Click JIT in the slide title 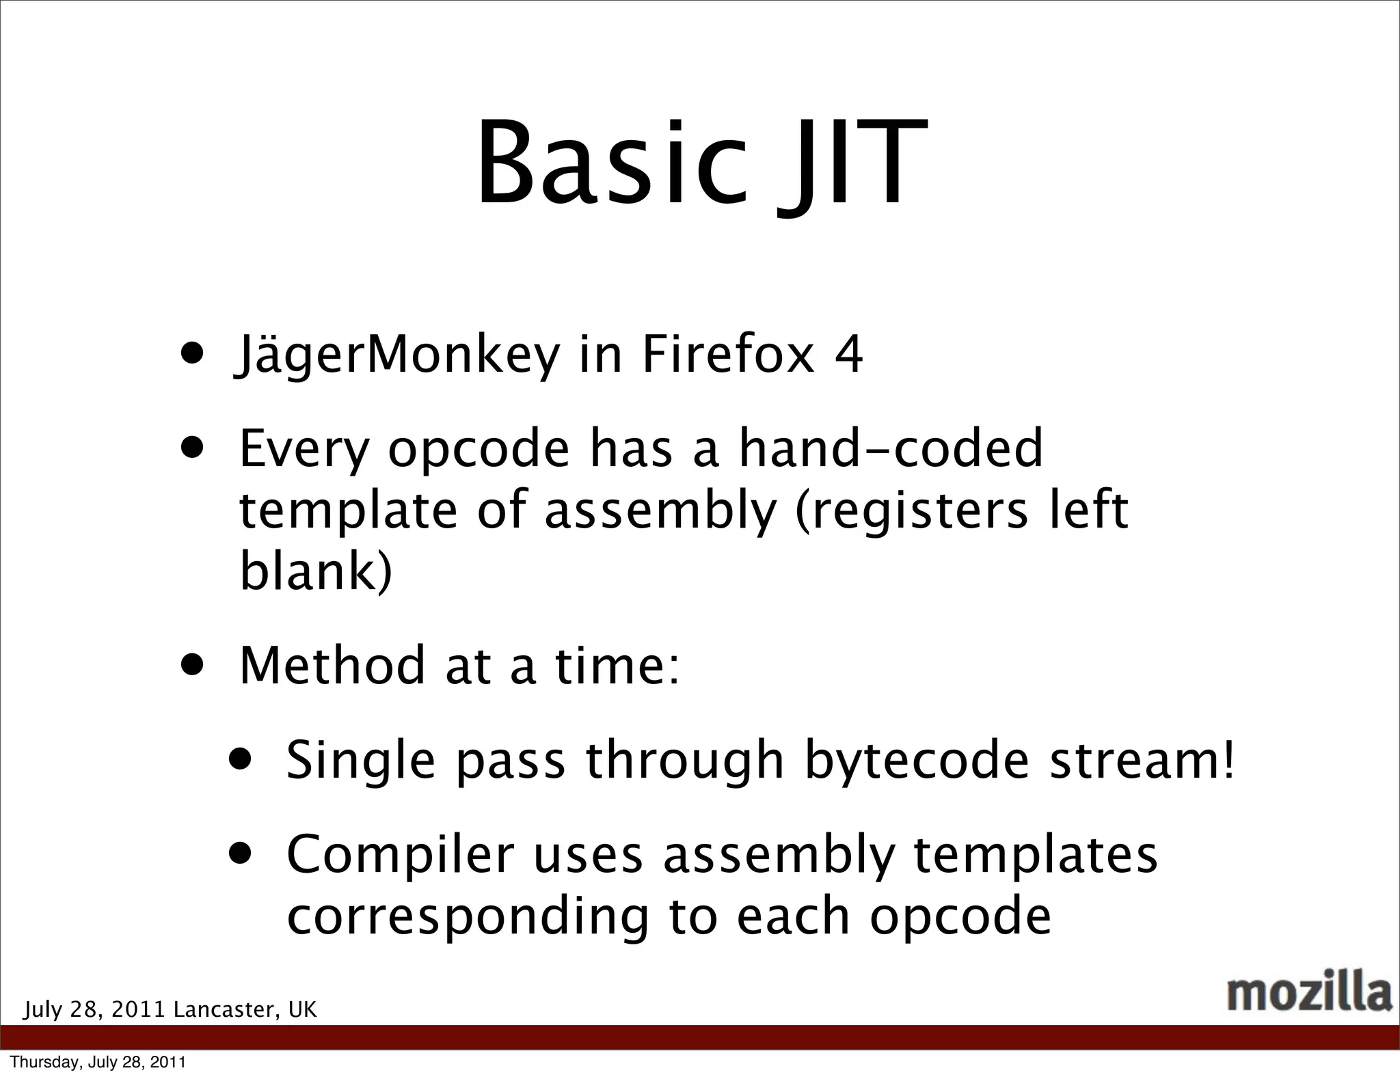(x=850, y=164)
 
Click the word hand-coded (x=891, y=448)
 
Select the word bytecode (x=917, y=761)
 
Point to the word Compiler (x=400, y=855)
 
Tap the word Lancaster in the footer (x=226, y=1009)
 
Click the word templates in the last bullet (x=1035, y=855)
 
